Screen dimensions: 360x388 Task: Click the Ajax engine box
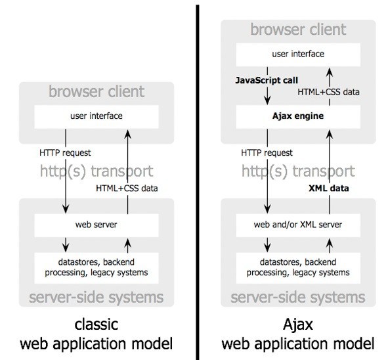(x=295, y=116)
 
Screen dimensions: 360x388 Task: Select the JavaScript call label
(x=262, y=82)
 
